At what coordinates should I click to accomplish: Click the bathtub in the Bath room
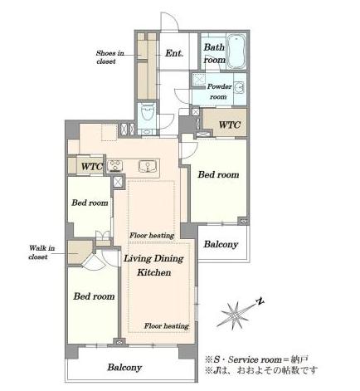236,51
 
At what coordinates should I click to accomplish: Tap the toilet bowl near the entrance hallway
148,111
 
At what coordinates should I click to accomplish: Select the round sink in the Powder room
239,87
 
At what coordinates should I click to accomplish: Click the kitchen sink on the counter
148,166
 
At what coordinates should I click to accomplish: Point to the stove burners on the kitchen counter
114,166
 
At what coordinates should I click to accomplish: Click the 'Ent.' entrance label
174,53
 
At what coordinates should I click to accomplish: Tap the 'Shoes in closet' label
109,57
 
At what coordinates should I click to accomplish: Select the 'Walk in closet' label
41,252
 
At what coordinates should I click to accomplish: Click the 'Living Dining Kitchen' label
153,266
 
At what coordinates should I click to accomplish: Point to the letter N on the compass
260,301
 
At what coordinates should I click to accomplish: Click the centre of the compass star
235,315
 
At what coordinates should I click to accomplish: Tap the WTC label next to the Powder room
229,125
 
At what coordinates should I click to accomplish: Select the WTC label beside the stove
92,167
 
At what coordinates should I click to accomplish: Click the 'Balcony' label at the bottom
124,368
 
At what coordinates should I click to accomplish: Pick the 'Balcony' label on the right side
221,244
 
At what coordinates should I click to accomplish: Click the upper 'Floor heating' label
152,236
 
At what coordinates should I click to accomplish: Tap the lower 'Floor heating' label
167,326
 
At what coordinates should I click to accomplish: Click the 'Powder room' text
219,91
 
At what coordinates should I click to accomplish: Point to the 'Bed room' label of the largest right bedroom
218,174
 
